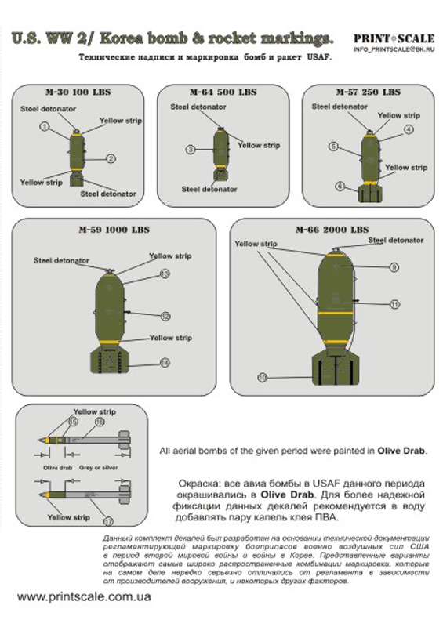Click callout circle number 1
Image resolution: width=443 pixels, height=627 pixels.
45,126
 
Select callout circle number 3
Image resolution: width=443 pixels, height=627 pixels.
190,149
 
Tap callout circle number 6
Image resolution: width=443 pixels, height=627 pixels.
340,186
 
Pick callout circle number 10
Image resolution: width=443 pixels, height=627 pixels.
263,377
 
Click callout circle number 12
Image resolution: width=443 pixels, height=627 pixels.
165,317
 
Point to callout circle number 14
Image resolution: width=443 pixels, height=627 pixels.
165,362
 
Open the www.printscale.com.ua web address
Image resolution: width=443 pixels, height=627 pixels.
84,597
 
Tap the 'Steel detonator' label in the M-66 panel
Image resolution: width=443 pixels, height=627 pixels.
395,240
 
